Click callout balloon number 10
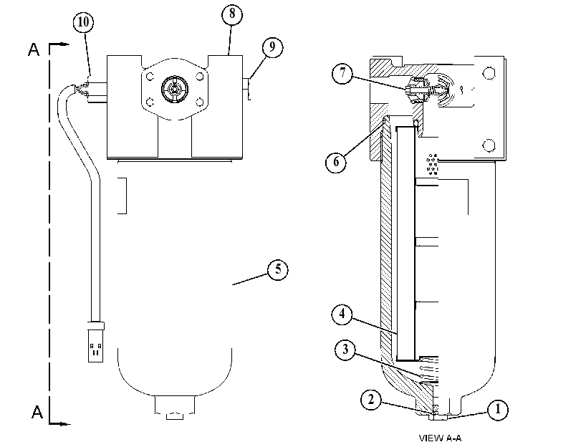(83, 22)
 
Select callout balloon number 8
(232, 14)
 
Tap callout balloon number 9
(272, 47)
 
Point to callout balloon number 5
(278, 269)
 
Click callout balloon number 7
(342, 73)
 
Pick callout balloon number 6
(336, 162)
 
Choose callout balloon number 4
(342, 314)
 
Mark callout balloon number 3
(345, 350)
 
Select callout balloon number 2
(371, 400)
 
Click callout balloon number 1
(498, 410)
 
